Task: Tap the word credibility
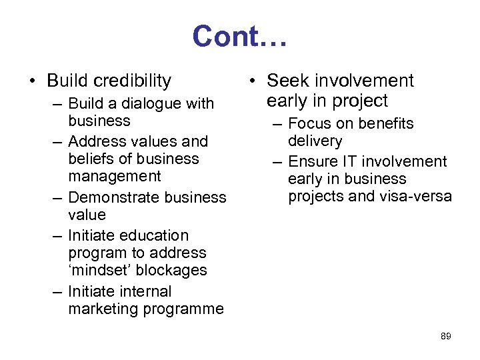pos(133,81)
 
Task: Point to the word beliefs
pos(91,159)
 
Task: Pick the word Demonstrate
pos(111,197)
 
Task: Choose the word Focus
pos(307,124)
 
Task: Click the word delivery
pos(315,141)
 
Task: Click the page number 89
pos(446,337)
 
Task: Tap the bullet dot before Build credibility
pos(32,82)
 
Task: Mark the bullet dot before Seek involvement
pos(252,82)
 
